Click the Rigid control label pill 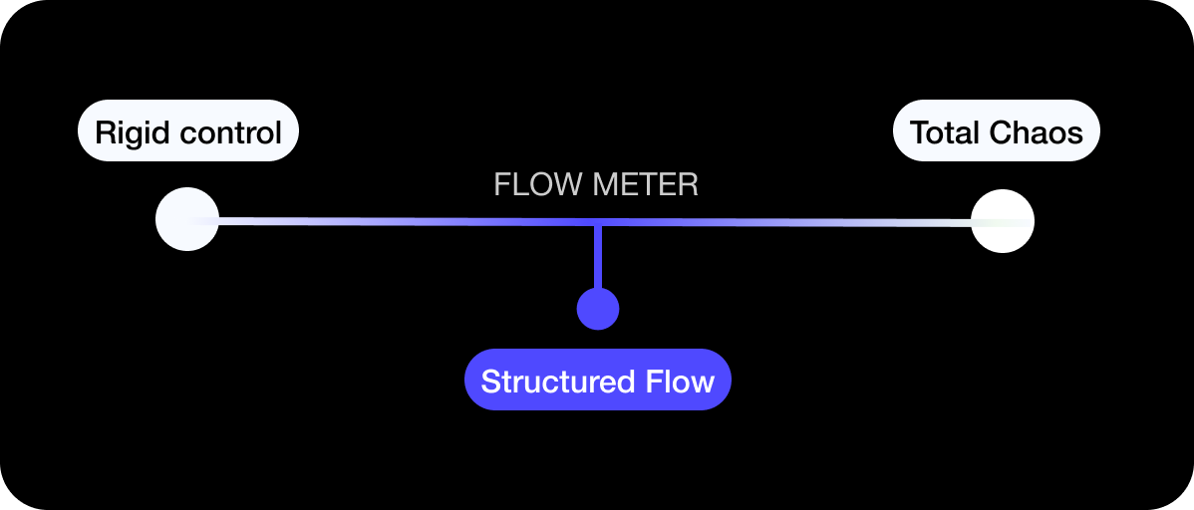click(x=188, y=130)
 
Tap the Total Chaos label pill click(x=996, y=130)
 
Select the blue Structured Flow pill click(x=598, y=380)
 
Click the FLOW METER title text click(x=596, y=185)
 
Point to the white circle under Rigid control click(x=187, y=219)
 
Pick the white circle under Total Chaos click(x=1003, y=221)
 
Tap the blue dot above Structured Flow click(x=598, y=309)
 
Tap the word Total click(x=945, y=131)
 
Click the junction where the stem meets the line click(x=598, y=221)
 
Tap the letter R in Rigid click(x=104, y=131)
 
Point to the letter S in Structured click(x=489, y=382)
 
